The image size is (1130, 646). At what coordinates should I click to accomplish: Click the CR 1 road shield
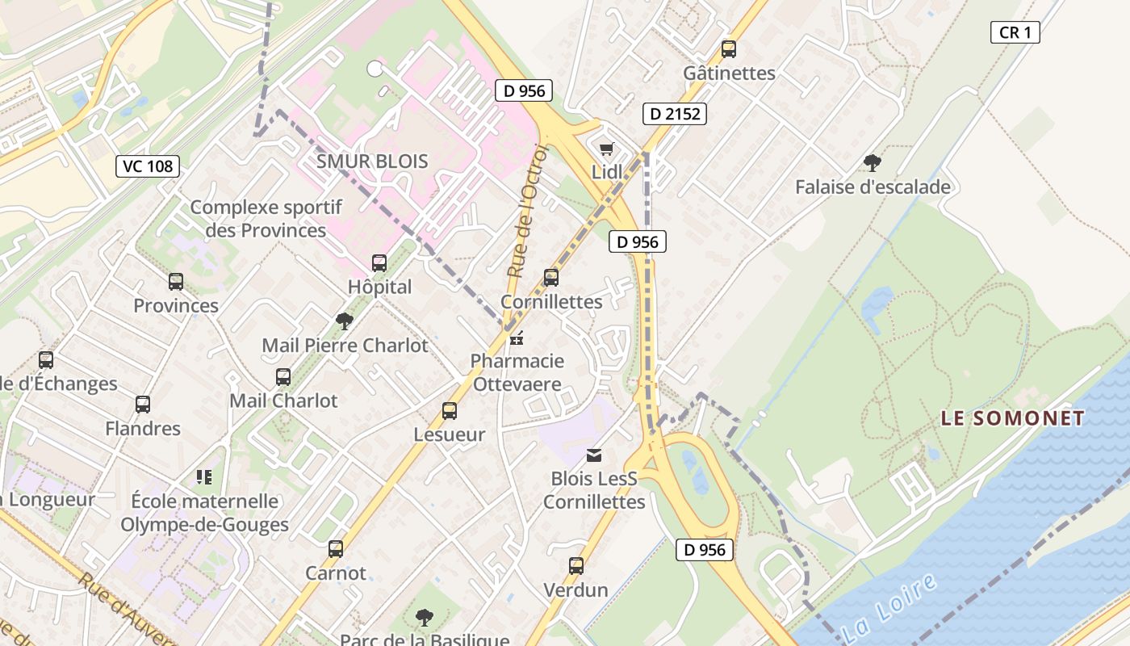pos(1015,32)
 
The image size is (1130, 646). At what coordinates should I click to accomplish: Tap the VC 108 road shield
pos(147,166)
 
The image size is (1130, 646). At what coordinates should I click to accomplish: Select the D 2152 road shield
pos(675,114)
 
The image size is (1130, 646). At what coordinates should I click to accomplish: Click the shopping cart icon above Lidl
pos(607,149)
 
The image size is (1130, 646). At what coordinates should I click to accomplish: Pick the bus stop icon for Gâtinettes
pos(729,49)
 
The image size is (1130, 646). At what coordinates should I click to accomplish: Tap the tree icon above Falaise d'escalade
pos(872,163)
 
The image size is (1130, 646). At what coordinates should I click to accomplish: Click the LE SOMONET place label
pos(1013,418)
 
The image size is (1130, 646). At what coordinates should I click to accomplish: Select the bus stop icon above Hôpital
pos(379,262)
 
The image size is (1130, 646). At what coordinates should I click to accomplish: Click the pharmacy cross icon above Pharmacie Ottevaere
pos(517,338)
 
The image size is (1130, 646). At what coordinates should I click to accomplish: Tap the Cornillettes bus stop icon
pos(551,278)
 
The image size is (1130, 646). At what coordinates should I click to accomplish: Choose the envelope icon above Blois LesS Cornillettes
pos(594,455)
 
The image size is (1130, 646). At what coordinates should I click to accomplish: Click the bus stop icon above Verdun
pos(575,566)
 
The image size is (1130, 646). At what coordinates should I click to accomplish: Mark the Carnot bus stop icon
pos(336,550)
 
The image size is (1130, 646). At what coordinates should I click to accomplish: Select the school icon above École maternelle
pos(204,477)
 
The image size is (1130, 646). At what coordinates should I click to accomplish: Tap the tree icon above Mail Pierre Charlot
pos(345,321)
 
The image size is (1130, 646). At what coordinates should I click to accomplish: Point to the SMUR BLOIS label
pos(372,161)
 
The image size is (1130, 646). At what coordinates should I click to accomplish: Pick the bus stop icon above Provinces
pos(176,282)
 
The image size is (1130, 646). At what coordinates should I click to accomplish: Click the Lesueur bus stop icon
pos(450,411)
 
